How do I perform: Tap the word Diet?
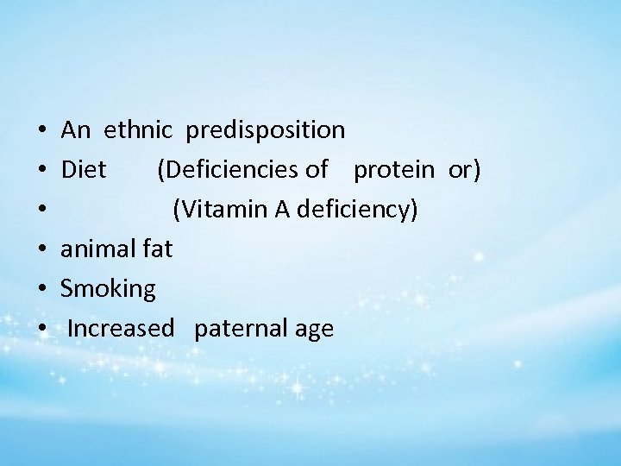tap(84, 170)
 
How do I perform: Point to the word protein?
tap(394, 171)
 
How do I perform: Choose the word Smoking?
tap(109, 290)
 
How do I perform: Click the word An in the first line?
tap(76, 130)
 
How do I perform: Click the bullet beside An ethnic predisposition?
tap(41, 132)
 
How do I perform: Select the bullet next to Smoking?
tap(41, 291)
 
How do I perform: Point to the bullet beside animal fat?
tap(41, 251)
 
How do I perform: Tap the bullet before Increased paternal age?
tap(41, 331)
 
